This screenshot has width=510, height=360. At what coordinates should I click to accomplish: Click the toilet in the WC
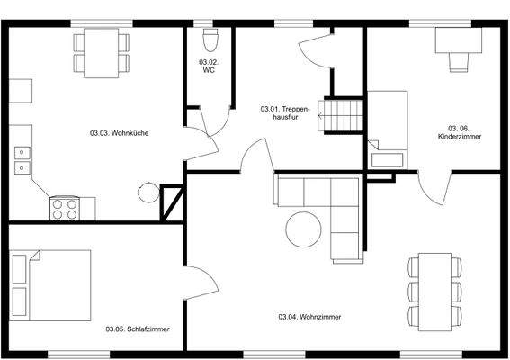211,40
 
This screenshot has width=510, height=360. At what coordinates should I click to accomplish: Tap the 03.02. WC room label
208,66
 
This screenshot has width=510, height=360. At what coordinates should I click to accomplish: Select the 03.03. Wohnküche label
120,133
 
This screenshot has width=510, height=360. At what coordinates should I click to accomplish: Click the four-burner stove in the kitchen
64,208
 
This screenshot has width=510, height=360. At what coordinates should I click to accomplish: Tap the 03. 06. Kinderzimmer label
459,132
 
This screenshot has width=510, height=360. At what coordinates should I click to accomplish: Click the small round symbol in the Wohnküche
146,191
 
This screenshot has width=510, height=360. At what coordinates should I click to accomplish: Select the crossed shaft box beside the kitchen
170,203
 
